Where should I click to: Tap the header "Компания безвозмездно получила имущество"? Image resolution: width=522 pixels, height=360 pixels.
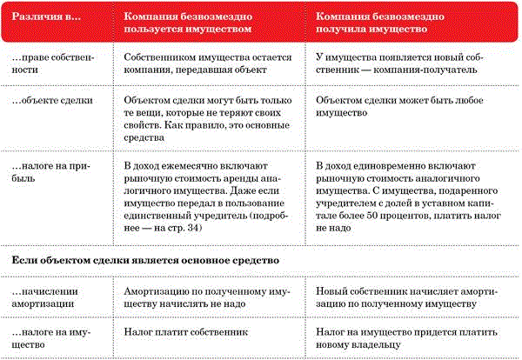pyautogui.click(x=383, y=23)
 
